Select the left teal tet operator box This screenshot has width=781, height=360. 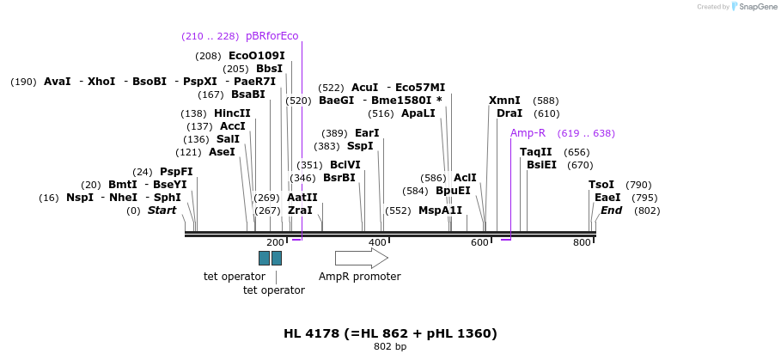click(x=264, y=258)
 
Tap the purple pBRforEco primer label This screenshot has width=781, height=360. click(x=272, y=36)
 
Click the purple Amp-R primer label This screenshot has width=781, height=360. click(x=528, y=133)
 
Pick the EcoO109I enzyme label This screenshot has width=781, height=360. click(x=256, y=56)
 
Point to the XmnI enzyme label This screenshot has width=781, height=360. click(x=504, y=101)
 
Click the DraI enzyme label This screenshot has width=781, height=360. click(x=509, y=113)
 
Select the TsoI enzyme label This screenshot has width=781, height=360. click(x=601, y=185)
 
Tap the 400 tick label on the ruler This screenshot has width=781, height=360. click(x=377, y=243)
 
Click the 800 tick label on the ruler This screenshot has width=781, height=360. click(x=582, y=243)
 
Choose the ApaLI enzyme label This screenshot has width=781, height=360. click(x=418, y=113)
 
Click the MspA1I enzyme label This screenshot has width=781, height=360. click(x=440, y=211)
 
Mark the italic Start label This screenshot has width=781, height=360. click(x=162, y=211)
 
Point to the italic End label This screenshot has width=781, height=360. click(x=611, y=211)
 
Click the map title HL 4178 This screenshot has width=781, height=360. click(x=390, y=333)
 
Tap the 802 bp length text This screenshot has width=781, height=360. click(x=390, y=347)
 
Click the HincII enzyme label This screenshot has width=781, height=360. click(x=232, y=113)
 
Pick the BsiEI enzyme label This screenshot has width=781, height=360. click(x=541, y=165)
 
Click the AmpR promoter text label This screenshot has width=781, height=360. click(x=359, y=277)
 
